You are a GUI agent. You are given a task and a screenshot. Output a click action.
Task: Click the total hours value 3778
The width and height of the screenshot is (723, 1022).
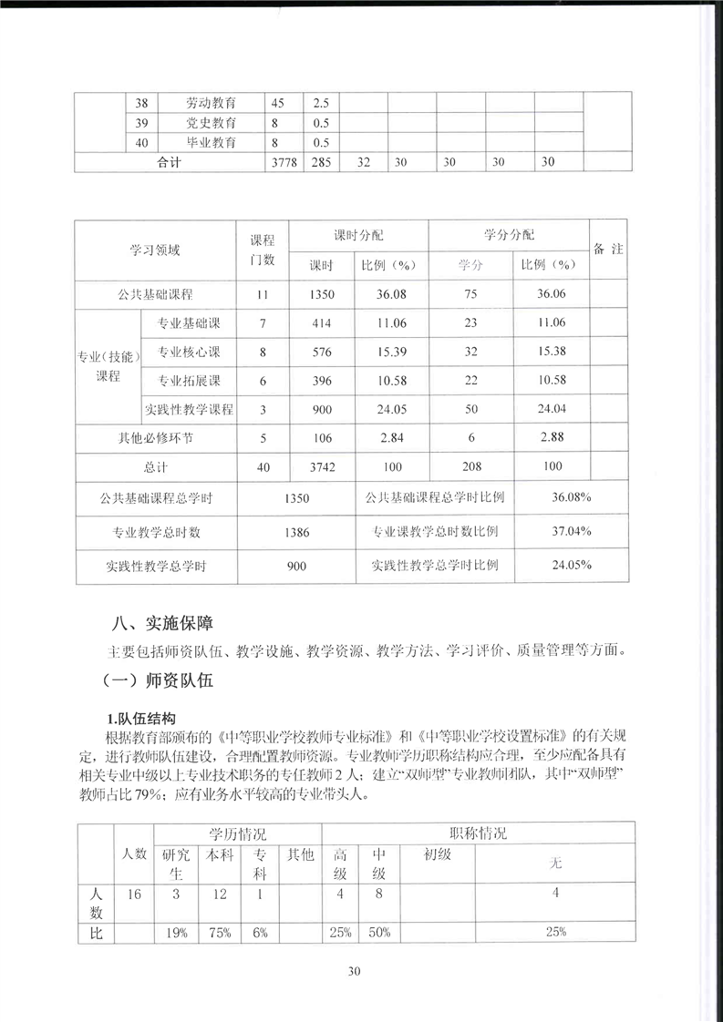(284, 162)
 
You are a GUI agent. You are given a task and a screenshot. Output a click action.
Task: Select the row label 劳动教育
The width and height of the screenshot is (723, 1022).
(211, 103)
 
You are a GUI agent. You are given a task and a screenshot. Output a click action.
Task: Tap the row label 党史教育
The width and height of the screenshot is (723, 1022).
(211, 123)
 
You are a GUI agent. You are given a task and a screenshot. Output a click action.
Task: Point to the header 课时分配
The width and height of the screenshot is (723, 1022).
(358, 234)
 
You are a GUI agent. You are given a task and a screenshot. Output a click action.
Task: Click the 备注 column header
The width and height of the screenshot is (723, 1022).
(608, 249)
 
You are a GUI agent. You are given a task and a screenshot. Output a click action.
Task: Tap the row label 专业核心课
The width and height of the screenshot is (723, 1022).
(189, 352)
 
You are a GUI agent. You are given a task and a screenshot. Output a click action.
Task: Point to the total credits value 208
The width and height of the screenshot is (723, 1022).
(471, 467)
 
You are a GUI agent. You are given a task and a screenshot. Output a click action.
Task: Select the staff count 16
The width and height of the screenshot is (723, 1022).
(133, 894)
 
